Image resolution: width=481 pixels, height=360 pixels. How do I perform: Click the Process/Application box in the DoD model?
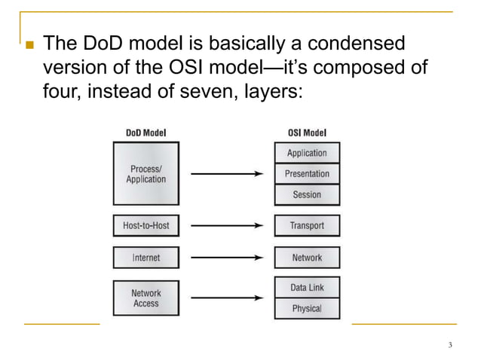[x=146, y=174]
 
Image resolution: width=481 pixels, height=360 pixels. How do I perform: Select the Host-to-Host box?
[x=146, y=225]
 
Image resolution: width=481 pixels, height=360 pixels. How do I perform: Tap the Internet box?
[x=146, y=258]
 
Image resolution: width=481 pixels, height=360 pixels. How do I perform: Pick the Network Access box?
[x=146, y=298]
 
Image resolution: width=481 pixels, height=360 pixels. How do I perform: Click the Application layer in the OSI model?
[x=307, y=153]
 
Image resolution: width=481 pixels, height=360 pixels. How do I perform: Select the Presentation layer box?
[x=307, y=174]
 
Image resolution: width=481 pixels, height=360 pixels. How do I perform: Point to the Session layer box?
[x=307, y=195]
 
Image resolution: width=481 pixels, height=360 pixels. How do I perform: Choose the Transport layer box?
[x=307, y=225]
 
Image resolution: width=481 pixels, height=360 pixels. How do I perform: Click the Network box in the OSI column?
[x=307, y=258]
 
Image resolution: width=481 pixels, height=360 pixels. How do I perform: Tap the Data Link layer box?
[x=307, y=288]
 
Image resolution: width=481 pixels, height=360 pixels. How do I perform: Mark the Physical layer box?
[x=307, y=309]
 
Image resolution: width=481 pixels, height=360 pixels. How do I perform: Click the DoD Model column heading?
[x=146, y=133]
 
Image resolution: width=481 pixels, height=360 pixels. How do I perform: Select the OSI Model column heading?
[x=307, y=133]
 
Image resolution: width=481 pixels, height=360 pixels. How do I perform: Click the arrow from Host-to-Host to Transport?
[x=226, y=225]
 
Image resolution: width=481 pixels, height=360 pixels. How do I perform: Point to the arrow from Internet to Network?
[x=226, y=258]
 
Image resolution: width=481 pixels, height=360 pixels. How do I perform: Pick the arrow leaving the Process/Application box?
[x=226, y=174]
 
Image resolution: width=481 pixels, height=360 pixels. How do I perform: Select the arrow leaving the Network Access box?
[x=226, y=298]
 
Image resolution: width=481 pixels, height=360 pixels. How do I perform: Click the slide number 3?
[x=449, y=346]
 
